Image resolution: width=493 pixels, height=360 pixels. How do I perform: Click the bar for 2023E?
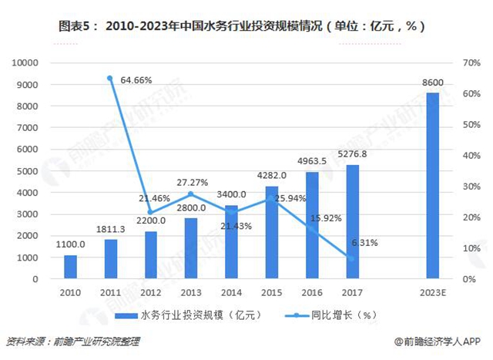[x=432, y=185]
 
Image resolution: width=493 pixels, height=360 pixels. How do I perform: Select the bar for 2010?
[x=70, y=266]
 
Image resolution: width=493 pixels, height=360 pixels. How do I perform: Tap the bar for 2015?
[x=271, y=231]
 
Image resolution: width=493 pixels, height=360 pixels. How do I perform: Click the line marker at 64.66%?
[x=110, y=78]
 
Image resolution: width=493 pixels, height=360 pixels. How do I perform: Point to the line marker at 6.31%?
[x=351, y=257]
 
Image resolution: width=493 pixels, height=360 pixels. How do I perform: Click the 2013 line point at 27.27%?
[x=191, y=193]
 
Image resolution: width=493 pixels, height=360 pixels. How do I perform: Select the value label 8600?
[x=432, y=82]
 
